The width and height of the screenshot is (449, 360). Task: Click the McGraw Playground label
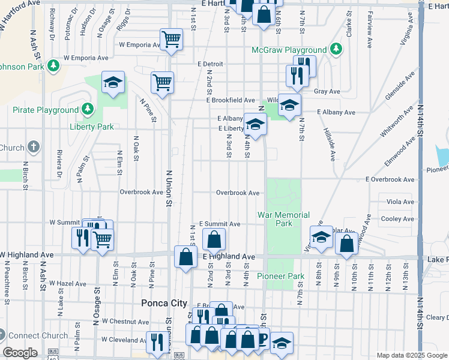click(289, 49)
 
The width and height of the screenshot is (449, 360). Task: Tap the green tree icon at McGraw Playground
click(336, 49)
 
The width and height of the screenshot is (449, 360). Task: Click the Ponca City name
click(164, 303)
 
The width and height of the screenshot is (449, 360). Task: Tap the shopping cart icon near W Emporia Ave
click(171, 40)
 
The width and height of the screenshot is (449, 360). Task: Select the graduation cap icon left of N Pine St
click(112, 83)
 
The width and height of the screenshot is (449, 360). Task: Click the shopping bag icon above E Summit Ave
click(214, 240)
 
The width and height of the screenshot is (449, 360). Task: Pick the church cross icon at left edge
click(34, 147)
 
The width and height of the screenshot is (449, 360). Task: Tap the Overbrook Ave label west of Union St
click(141, 193)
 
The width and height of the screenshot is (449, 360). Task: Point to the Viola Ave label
click(400, 202)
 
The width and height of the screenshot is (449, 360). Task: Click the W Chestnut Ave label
click(125, 322)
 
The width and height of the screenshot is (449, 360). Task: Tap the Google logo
click(20, 353)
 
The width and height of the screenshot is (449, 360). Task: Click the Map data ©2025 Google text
click(412, 355)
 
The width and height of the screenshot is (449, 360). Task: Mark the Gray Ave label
click(327, 92)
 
